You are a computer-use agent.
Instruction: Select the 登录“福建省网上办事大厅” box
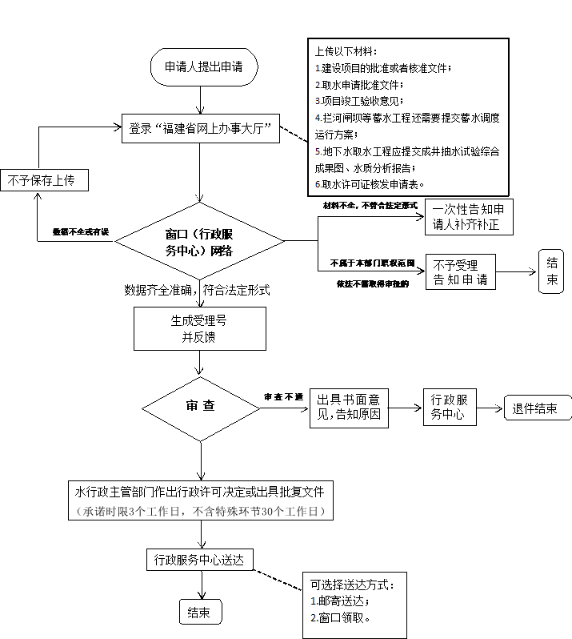click(200, 127)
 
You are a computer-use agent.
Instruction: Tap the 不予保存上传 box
click(44, 180)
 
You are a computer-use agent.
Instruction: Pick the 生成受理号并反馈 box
click(200, 328)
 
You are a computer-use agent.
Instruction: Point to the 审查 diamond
click(200, 406)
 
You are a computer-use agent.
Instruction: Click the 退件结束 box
click(535, 408)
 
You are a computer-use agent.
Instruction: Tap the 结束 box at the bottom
click(199, 613)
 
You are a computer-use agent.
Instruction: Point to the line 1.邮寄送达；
click(340, 601)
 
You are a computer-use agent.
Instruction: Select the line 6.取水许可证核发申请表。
click(370, 184)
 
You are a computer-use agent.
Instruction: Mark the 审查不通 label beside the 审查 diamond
click(284, 397)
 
